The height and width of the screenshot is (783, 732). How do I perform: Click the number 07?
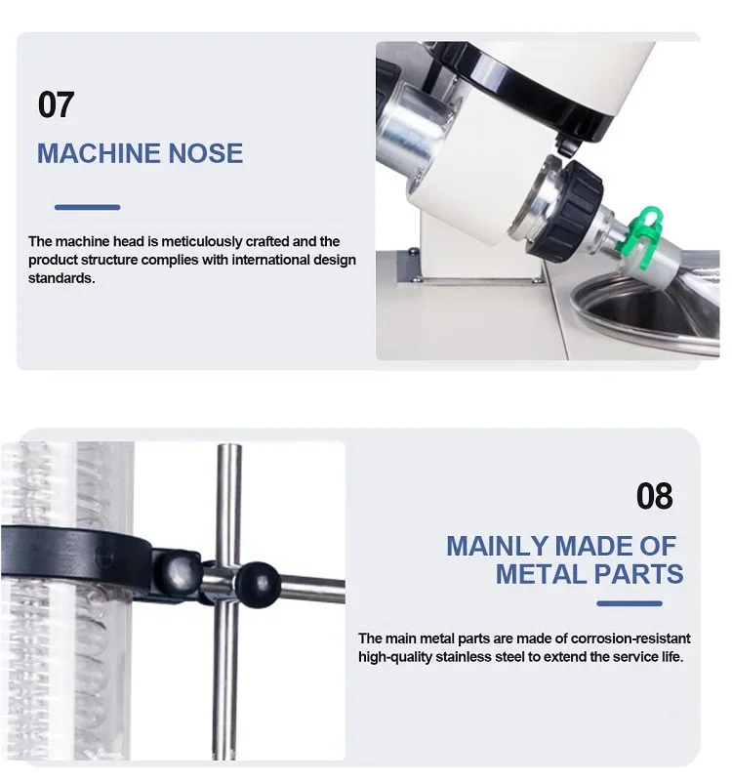point(56,104)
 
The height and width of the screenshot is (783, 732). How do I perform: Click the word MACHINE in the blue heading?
point(98,153)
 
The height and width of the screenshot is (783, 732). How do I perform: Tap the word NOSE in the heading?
point(206,153)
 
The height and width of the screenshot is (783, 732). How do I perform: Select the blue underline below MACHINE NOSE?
point(88,207)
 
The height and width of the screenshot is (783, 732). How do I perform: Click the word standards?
point(61,278)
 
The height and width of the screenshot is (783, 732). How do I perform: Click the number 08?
point(654,496)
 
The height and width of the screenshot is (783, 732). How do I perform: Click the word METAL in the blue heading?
point(541,574)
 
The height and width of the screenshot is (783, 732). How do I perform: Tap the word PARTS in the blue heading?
point(638,574)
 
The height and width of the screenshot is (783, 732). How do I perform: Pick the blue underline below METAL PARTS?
point(630,603)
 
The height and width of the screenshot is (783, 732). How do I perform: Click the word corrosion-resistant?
point(630,639)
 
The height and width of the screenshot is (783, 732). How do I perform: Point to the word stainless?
point(463,657)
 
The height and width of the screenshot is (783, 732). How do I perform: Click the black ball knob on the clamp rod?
point(257,585)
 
